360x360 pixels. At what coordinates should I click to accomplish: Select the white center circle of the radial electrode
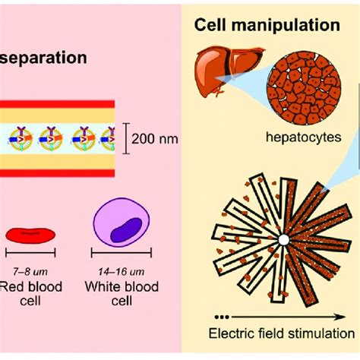click(x=282, y=240)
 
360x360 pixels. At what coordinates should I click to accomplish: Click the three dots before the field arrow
click(x=220, y=314)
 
